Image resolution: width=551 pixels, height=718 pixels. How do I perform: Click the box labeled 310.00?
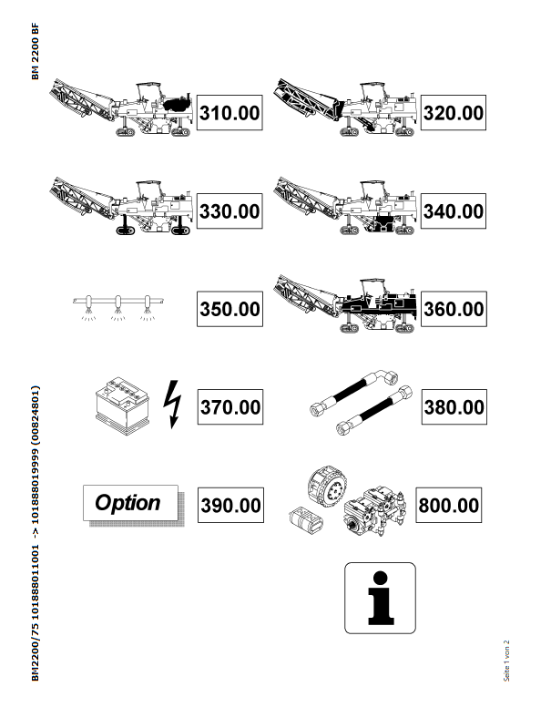tap(230, 113)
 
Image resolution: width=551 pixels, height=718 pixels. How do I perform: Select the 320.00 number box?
tap(453, 113)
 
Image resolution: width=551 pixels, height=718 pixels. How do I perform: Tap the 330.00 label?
tap(230, 211)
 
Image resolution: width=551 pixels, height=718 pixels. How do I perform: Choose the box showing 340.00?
tap(453, 211)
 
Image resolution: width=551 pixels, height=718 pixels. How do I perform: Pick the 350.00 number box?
tap(230, 309)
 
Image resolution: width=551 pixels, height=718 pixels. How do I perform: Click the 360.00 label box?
tap(454, 309)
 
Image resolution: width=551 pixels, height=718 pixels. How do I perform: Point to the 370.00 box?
tap(230, 407)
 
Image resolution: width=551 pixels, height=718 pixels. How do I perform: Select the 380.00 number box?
tap(454, 407)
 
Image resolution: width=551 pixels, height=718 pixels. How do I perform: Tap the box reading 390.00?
tap(230, 505)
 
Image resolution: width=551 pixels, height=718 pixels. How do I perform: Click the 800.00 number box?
tap(448, 505)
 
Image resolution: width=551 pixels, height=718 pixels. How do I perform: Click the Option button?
tap(130, 503)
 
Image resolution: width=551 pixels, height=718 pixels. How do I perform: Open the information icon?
tap(380, 598)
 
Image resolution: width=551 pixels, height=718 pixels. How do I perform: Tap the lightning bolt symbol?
tap(172, 405)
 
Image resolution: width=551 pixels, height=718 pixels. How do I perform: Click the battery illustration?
tap(123, 405)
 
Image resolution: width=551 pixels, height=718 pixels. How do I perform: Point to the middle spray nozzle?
tap(118, 307)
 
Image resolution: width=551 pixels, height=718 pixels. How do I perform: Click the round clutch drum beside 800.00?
tap(327, 487)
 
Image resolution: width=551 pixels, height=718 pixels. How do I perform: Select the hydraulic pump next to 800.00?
tap(375, 511)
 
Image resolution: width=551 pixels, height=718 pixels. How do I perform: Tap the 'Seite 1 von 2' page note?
tap(506, 661)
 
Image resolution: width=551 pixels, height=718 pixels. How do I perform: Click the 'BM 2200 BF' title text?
tap(36, 51)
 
